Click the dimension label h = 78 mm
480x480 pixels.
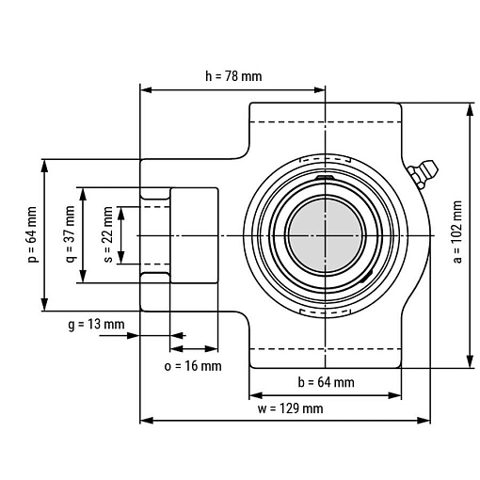[233, 76]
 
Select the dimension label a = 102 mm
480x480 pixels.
[457, 232]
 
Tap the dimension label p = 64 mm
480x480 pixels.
[32, 234]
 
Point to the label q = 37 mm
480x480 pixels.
[71, 234]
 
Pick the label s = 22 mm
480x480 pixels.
[107, 234]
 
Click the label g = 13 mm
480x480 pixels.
[96, 324]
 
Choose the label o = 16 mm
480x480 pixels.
[193, 366]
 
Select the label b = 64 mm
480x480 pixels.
[326, 382]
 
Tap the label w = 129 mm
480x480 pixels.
[290, 408]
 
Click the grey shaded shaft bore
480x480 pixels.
[326, 235]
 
